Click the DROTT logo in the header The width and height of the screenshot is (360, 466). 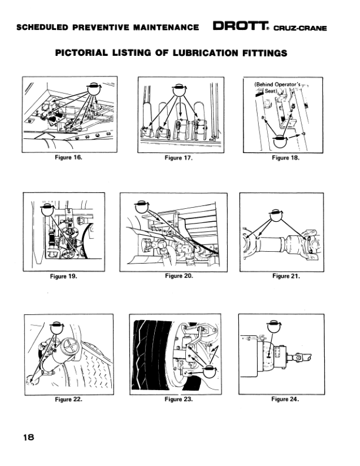click(x=241, y=26)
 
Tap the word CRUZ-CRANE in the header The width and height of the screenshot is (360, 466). click(x=300, y=28)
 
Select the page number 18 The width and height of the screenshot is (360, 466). click(x=29, y=438)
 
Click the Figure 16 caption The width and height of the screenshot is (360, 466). click(x=68, y=157)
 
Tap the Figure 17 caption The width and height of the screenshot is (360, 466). click(x=178, y=158)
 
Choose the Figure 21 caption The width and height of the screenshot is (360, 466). click(x=286, y=276)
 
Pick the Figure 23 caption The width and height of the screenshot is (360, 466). click(x=178, y=399)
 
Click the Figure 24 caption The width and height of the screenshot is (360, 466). click(x=285, y=399)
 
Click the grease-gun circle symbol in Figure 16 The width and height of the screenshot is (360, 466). click(x=94, y=89)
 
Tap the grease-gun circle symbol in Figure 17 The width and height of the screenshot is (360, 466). click(x=179, y=90)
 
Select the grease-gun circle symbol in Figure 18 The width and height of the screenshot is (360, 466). click(x=280, y=141)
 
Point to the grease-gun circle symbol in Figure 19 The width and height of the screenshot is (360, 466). click(x=47, y=209)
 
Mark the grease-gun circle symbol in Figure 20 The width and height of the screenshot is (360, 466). click(x=142, y=207)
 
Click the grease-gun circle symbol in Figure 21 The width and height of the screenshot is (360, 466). click(x=276, y=215)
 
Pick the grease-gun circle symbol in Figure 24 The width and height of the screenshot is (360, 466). click(x=274, y=327)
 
